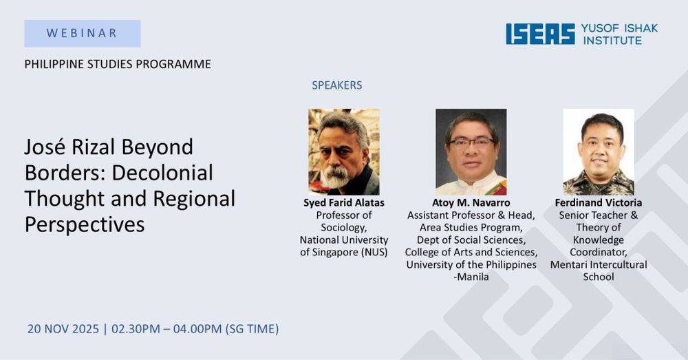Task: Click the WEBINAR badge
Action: [83, 33]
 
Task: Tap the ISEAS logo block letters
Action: [540, 34]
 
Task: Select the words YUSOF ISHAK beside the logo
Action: [620, 28]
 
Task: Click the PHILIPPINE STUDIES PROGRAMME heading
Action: [118, 64]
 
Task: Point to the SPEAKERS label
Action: [337, 85]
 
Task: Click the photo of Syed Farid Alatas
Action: [344, 152]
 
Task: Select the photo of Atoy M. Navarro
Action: [471, 152]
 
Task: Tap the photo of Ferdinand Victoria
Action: [599, 152]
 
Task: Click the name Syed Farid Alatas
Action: [344, 203]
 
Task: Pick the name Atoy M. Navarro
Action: [471, 203]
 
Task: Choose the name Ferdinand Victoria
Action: [599, 203]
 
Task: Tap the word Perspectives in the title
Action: [85, 225]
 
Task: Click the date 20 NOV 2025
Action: [63, 329]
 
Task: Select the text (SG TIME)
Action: [252, 329]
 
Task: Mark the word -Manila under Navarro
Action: [471, 277]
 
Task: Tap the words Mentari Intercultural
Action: [599, 265]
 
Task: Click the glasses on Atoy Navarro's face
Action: [472, 142]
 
